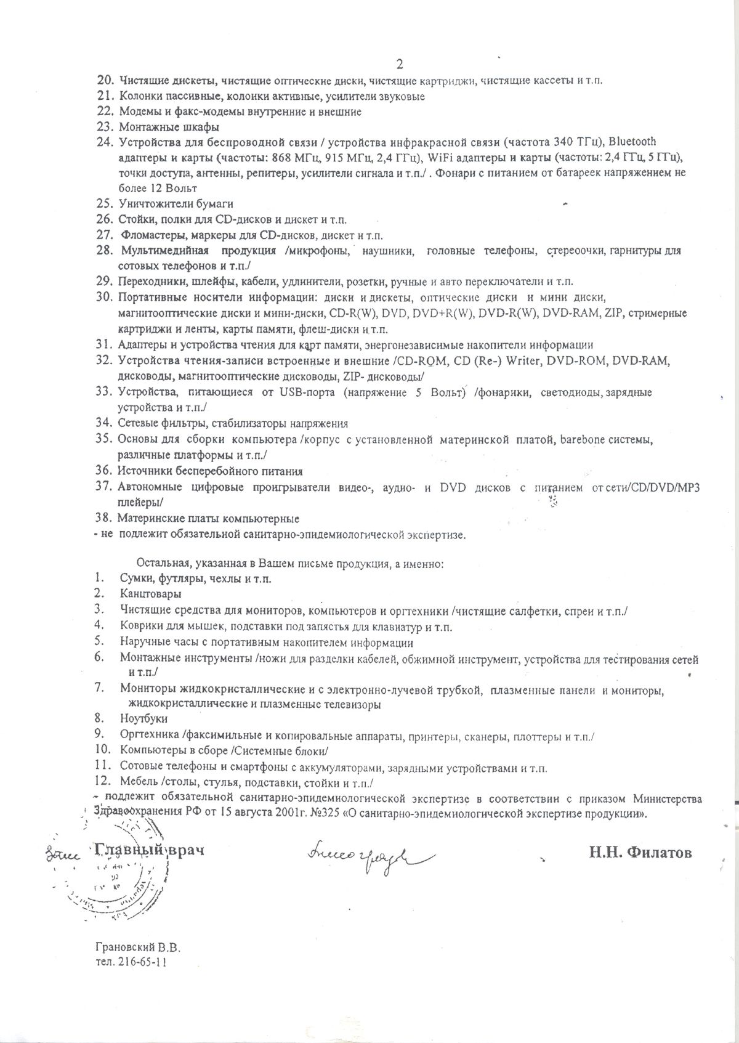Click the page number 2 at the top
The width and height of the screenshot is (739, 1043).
(399, 64)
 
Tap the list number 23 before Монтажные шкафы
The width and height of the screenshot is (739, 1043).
(105, 128)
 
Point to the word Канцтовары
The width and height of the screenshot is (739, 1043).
(151, 594)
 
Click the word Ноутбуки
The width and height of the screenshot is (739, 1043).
(144, 718)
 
